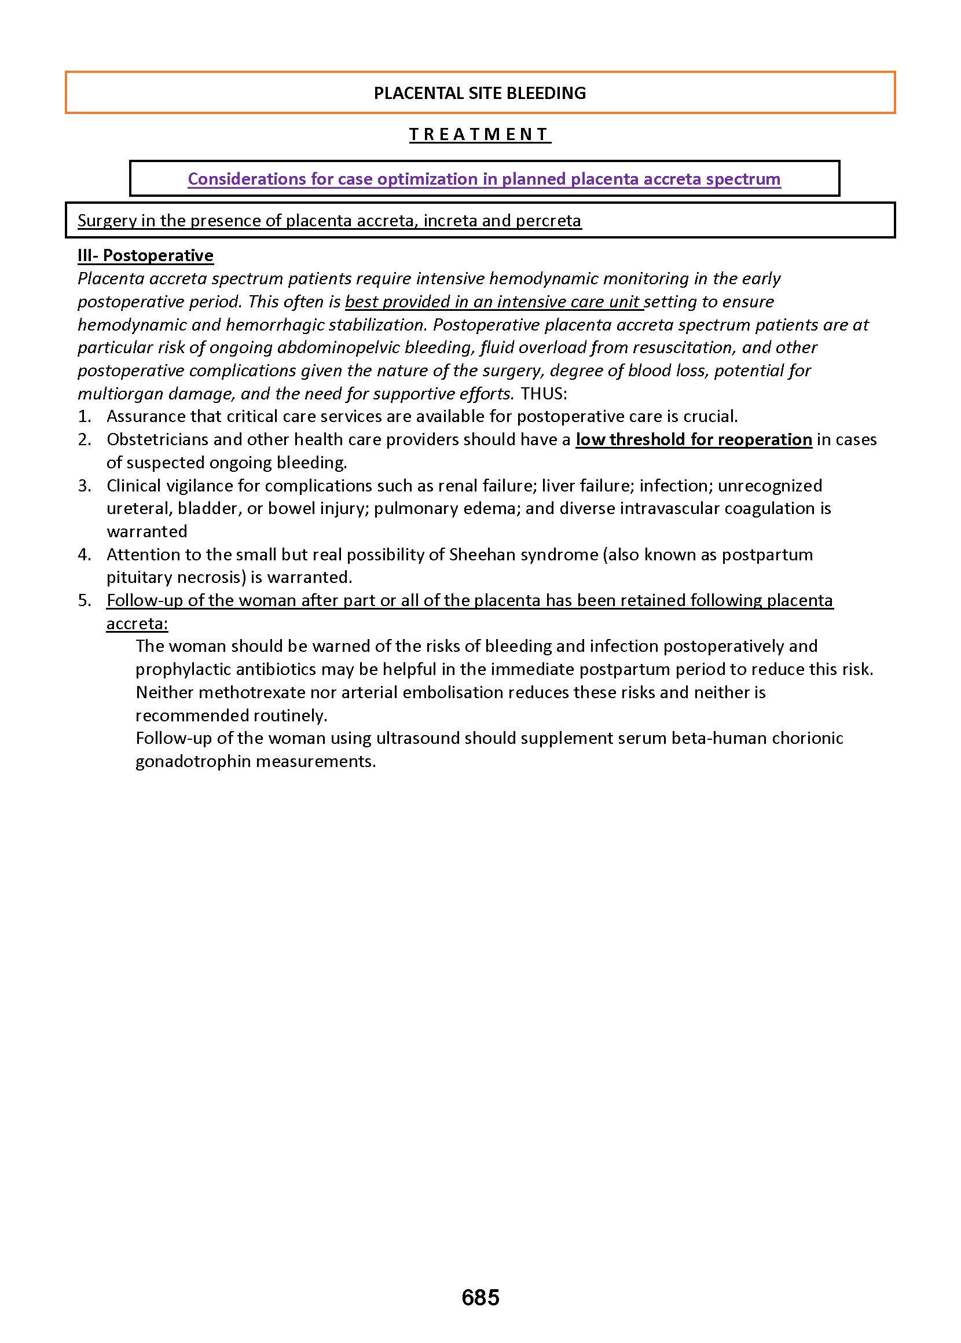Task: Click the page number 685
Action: (480, 1297)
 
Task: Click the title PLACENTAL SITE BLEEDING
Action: (480, 93)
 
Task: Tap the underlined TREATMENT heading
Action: (480, 134)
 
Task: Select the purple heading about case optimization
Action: (484, 179)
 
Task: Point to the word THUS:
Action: (544, 394)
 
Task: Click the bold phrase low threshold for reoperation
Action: (694, 439)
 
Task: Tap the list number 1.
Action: (84, 417)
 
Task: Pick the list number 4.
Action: (84, 555)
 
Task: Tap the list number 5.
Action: (84, 600)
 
